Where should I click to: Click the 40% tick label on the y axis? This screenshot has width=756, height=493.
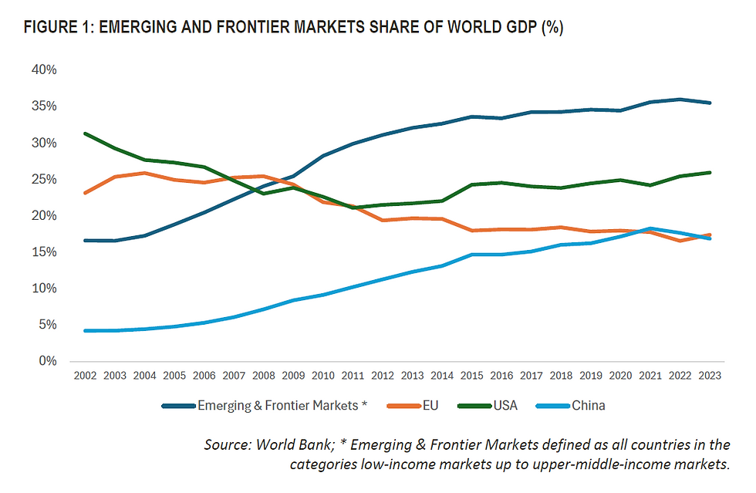[x=44, y=70]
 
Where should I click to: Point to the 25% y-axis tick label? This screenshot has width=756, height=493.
[x=44, y=180]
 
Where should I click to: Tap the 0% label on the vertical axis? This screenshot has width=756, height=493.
[x=47, y=361]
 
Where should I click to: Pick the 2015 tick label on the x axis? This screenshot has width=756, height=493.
[x=471, y=377]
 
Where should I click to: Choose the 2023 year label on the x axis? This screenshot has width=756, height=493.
[x=710, y=377]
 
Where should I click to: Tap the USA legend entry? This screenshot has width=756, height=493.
[x=505, y=405]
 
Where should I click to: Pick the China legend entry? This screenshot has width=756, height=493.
[x=588, y=405]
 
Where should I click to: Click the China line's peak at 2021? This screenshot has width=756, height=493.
[x=650, y=228]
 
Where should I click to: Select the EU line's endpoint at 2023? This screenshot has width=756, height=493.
[x=710, y=235]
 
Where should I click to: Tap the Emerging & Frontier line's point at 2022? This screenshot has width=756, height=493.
[x=680, y=100]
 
